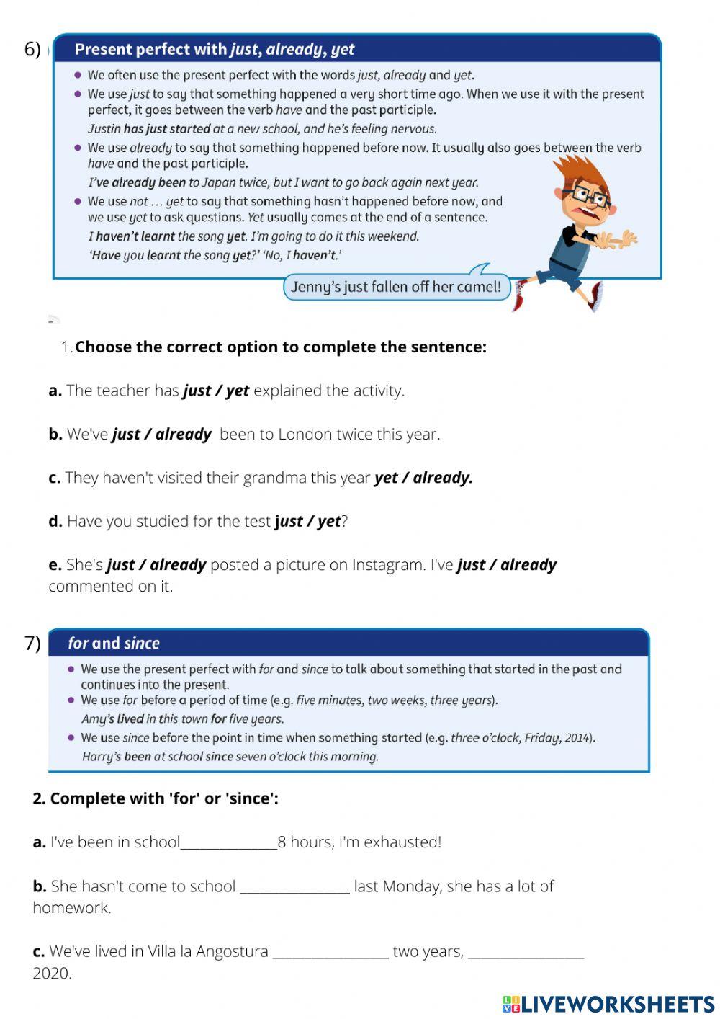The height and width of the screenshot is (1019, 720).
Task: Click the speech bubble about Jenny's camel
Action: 395,287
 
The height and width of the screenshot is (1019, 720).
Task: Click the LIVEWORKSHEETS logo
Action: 608,1004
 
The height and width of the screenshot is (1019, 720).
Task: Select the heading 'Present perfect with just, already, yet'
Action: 215,50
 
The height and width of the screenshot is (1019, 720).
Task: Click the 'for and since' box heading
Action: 114,643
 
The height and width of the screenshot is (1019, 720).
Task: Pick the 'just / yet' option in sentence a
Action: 216,391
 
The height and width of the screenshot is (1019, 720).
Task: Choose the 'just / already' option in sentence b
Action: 162,435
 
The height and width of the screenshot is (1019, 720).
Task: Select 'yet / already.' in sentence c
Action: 423,478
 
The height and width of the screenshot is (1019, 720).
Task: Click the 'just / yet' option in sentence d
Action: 307,522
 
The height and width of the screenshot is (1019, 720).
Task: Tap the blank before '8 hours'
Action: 228,842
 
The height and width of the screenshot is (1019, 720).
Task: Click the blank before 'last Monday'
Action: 294,886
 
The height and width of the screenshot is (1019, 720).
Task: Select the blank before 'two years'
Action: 330,952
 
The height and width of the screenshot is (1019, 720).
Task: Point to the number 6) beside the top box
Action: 32,49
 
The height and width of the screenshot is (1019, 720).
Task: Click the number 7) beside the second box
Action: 32,643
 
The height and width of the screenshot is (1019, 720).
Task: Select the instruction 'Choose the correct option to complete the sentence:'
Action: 281,347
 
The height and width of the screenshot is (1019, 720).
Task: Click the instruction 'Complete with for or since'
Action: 156,798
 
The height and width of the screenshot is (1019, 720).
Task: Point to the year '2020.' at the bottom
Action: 52,974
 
